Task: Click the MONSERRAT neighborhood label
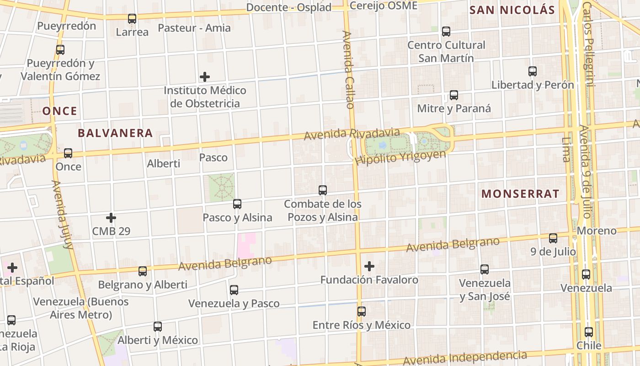pos(520,194)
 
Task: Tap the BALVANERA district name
pos(115,133)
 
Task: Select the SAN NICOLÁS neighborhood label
pos(512,10)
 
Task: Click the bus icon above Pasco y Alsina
pos(237,204)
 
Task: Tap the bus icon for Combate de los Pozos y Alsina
pos(323,190)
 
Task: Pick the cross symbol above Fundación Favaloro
pos(369,266)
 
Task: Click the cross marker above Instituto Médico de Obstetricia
pos(205,76)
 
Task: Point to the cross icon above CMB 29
pos(111,218)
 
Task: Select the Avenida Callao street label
pos(348,70)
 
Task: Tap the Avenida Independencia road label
pos(464,358)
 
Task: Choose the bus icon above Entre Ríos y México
pos(362,312)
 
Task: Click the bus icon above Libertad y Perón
pos(533,71)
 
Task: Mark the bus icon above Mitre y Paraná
pos(454,95)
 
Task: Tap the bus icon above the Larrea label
pos(132,19)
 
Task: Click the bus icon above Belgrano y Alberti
pos(143,271)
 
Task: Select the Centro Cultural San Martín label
pos(446,52)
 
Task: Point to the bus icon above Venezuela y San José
pos(485,269)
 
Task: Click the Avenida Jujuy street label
pos(63,214)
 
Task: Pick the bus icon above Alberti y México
pos(158,327)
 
